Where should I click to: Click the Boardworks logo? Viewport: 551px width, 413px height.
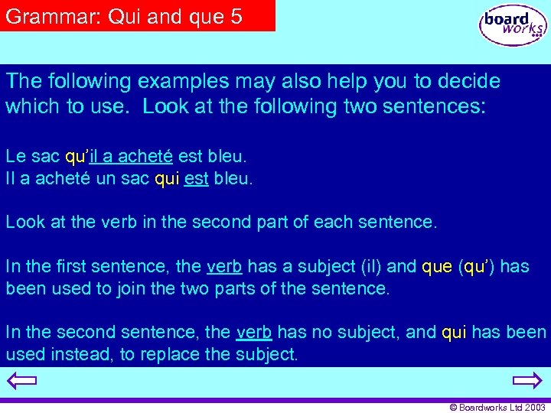click(x=514, y=25)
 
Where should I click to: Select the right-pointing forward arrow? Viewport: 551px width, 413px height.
click(x=527, y=381)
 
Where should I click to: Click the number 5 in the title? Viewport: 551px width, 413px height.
click(x=236, y=16)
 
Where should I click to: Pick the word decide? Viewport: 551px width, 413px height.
click(x=470, y=81)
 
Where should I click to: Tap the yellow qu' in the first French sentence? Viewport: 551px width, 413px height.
click(x=77, y=157)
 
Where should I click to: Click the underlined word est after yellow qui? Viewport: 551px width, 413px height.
click(x=197, y=180)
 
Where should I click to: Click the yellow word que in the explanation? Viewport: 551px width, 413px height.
click(x=437, y=266)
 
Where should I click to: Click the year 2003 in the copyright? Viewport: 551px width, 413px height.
click(x=534, y=408)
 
